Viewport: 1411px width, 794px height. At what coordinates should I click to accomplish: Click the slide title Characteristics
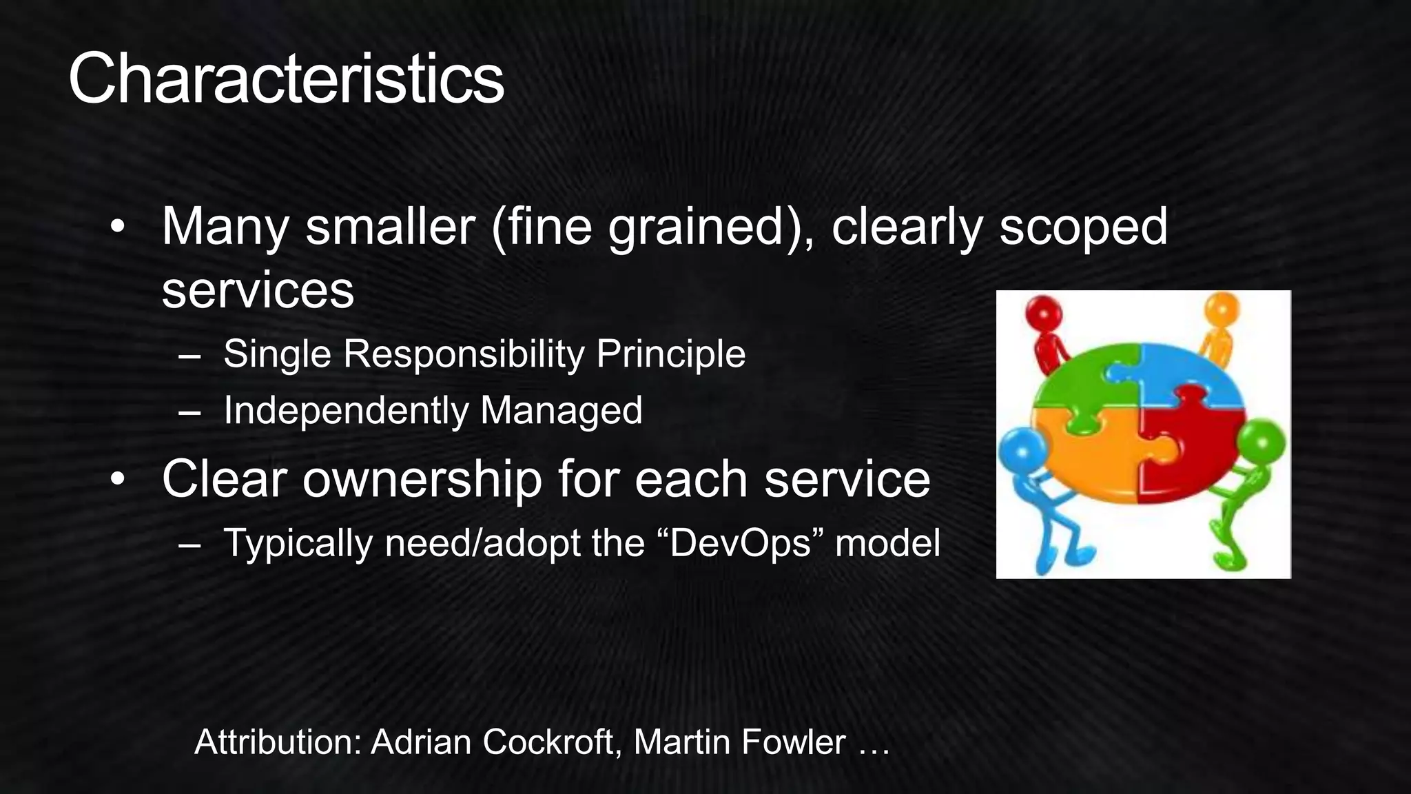pyautogui.click(x=286, y=79)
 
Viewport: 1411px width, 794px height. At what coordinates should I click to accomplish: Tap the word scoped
pyautogui.click(x=1083, y=227)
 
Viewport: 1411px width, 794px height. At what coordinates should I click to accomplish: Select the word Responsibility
pyautogui.click(x=464, y=354)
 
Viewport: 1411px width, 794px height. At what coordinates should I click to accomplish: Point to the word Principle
pyautogui.click(x=670, y=354)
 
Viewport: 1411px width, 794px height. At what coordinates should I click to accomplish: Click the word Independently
pyautogui.click(x=346, y=411)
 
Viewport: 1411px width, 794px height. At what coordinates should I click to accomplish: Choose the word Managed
pyautogui.click(x=562, y=411)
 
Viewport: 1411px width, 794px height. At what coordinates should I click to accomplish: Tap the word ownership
pyautogui.click(x=422, y=479)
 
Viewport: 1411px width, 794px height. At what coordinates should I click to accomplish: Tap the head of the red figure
pyautogui.click(x=1044, y=314)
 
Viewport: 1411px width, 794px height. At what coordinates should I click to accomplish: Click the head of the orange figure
pyautogui.click(x=1222, y=309)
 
